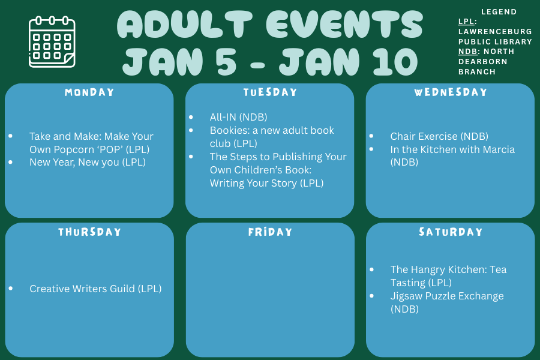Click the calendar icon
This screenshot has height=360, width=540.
click(52, 41)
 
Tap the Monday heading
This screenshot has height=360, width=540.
click(89, 92)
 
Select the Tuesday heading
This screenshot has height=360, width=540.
click(270, 92)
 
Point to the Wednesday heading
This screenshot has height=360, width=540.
click(451, 92)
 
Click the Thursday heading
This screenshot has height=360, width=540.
click(89, 232)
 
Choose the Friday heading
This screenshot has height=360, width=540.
click(270, 232)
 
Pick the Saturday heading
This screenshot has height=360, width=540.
click(451, 232)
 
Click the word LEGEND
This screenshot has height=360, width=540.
click(499, 12)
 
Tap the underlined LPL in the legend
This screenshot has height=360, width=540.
click(466, 22)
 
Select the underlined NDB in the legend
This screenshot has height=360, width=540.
click(467, 52)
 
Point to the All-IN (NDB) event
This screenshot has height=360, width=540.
click(238, 117)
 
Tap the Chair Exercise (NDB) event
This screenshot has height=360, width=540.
click(439, 136)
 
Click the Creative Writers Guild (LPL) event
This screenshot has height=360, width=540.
click(95, 289)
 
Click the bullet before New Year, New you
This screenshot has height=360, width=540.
click(11, 162)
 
